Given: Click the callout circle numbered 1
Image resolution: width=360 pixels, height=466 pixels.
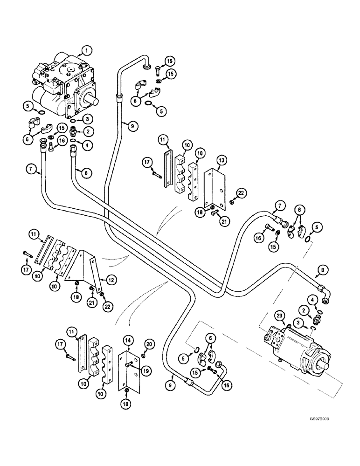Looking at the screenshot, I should pos(84,49).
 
